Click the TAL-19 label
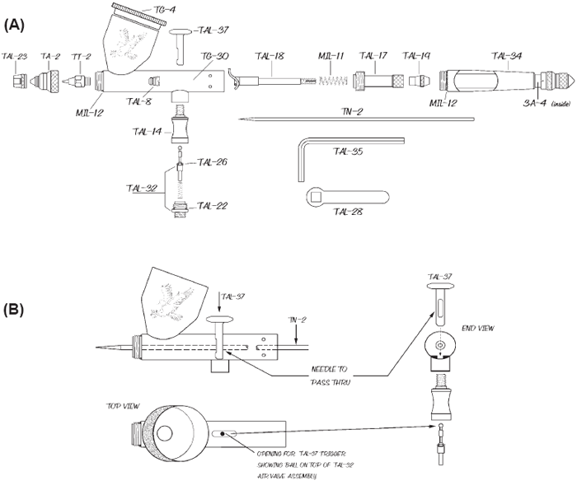click(415, 56)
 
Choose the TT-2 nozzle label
click(81, 56)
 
